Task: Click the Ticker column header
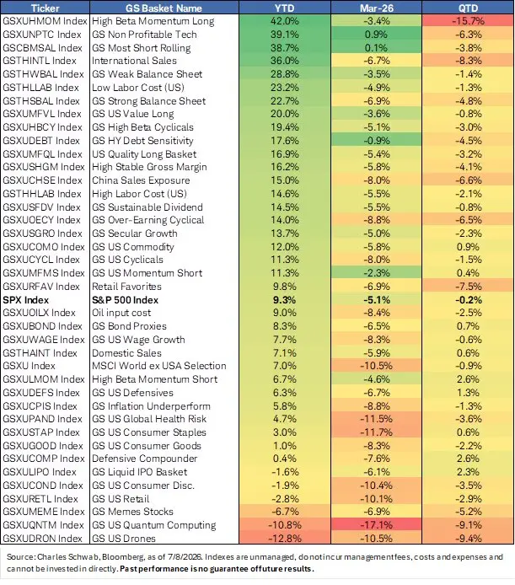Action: tap(45, 8)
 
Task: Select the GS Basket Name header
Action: tap(164, 8)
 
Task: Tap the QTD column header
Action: tap(468, 8)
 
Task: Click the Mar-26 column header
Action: tap(377, 8)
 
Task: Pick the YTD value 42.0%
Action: tap(284, 21)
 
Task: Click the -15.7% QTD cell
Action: tap(468, 21)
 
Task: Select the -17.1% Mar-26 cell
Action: tap(377, 525)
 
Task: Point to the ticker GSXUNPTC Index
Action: tap(42, 35)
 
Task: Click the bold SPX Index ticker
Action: tap(26, 300)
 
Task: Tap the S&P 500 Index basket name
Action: tap(125, 300)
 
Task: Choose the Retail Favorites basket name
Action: tap(127, 287)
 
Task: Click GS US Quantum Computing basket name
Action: tap(153, 525)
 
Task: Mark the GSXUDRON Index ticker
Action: tap(42, 539)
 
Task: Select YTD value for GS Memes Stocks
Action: tap(284, 512)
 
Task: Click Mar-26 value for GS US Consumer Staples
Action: tap(377, 432)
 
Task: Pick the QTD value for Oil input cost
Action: tap(468, 313)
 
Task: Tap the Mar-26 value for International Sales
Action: tap(377, 61)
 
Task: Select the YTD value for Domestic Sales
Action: tap(284, 353)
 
